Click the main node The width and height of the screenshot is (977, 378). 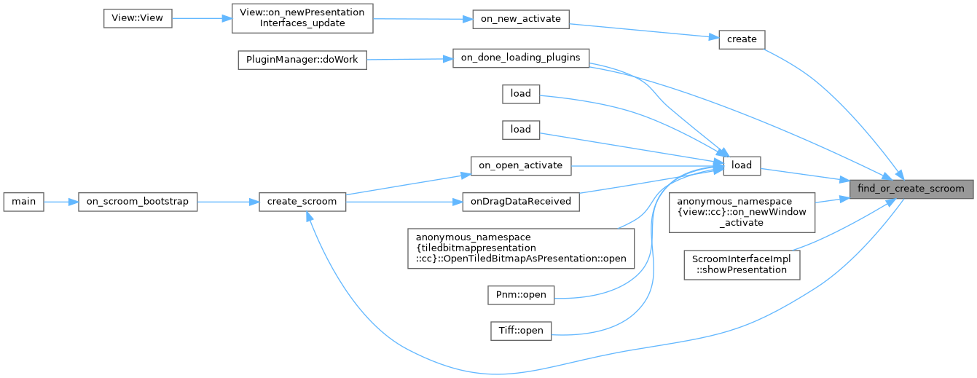click(x=23, y=202)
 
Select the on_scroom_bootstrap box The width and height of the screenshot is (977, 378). click(x=138, y=202)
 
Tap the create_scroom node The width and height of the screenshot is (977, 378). click(x=302, y=202)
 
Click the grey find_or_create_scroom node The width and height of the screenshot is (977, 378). click(x=911, y=189)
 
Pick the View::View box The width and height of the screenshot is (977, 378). click(x=137, y=18)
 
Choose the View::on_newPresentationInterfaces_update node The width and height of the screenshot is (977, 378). click(x=302, y=18)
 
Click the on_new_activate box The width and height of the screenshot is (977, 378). click(x=520, y=19)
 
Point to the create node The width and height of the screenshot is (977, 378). click(x=741, y=39)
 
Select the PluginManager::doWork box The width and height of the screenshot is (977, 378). click(x=302, y=60)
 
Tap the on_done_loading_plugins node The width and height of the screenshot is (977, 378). click(x=520, y=59)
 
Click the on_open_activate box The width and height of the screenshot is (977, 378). click(x=520, y=165)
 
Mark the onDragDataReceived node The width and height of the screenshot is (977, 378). click(x=520, y=201)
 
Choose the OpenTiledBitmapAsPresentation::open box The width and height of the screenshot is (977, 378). click(x=521, y=248)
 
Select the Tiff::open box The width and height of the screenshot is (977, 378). click(x=520, y=331)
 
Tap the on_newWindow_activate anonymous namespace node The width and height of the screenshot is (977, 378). click(x=742, y=211)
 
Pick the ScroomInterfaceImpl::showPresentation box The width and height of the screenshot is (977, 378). click(x=742, y=264)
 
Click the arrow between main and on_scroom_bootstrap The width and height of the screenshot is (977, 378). click(x=60, y=202)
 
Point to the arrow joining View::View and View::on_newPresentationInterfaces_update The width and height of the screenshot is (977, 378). click(x=202, y=18)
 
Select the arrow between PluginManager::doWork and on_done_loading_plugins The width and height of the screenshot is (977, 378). click(x=409, y=60)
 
